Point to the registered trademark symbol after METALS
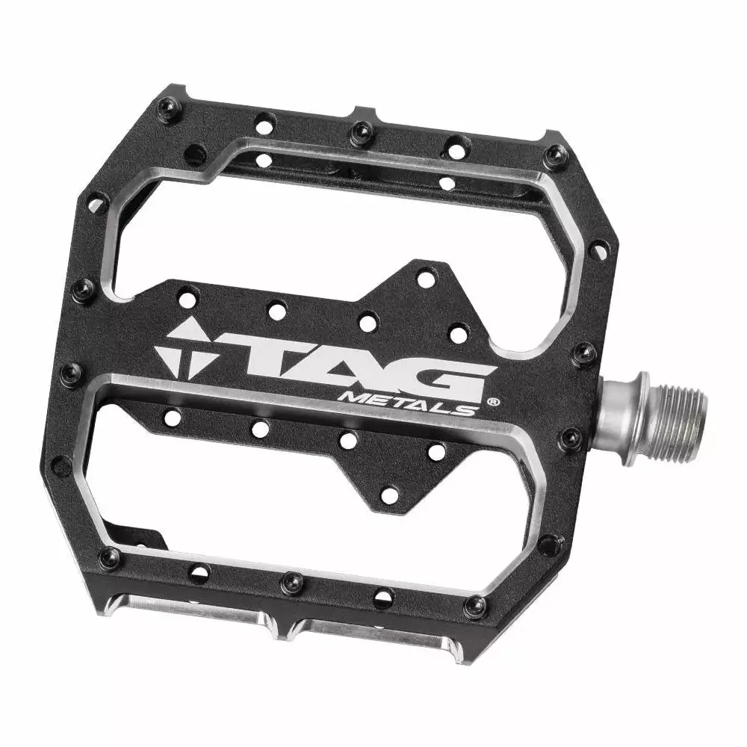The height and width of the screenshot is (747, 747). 494,402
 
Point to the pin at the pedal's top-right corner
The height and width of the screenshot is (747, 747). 555,155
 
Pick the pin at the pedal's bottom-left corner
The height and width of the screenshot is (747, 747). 110,557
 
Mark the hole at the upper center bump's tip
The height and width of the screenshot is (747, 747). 425,280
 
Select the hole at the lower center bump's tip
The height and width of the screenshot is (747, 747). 389,495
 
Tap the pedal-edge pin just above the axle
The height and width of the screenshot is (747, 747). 583,353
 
